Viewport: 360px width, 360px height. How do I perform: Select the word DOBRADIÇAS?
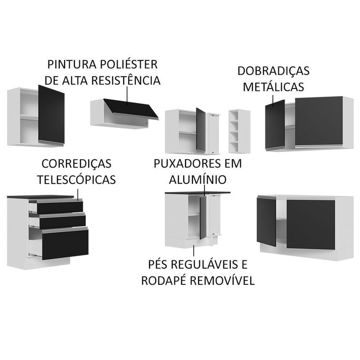[273, 71]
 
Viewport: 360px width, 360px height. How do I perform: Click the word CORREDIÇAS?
[77, 164]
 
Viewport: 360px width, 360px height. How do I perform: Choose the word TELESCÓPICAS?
[77, 180]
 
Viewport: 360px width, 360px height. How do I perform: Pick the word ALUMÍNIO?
[197, 179]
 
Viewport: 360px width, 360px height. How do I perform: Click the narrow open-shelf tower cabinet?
[239, 131]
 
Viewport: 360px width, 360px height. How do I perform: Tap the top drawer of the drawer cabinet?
[59, 207]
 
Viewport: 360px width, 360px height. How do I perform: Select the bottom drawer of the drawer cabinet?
[65, 243]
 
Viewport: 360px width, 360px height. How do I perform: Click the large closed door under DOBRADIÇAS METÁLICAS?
[318, 121]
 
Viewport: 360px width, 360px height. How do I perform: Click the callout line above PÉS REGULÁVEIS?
[194, 251]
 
